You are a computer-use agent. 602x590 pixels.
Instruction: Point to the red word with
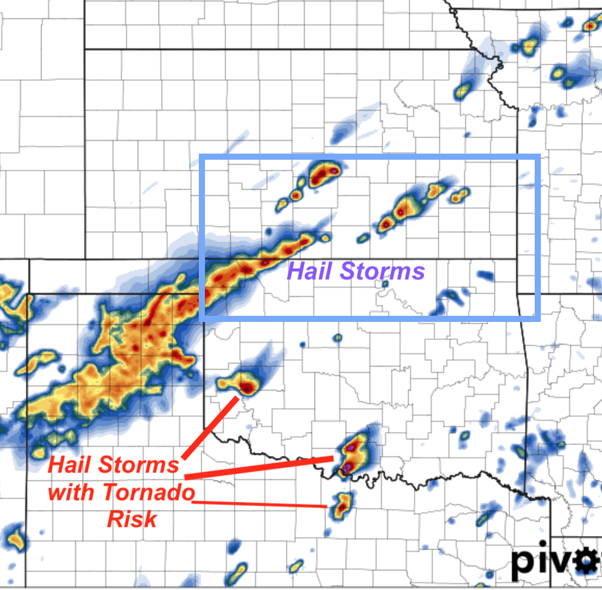coord(72,491)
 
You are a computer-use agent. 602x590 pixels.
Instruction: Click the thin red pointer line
coord(263,504)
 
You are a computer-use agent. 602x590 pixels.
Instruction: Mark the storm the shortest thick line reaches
coord(243,386)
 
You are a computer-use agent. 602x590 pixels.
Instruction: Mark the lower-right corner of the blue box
coord(538,317)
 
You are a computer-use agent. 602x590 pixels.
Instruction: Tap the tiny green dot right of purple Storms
coord(385,284)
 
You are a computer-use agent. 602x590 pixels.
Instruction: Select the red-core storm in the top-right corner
coord(590,26)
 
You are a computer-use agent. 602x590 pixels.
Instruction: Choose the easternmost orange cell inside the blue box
coord(459,196)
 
